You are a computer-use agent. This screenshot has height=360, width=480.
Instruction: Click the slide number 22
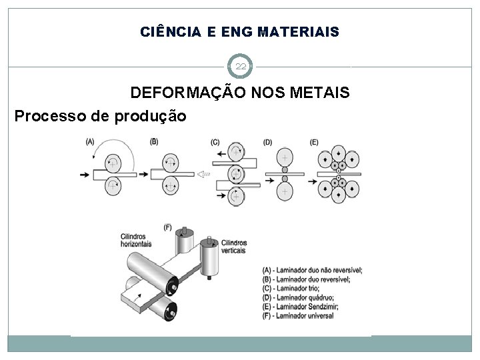point(240,67)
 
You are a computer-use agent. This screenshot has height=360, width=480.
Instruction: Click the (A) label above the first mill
point(89,141)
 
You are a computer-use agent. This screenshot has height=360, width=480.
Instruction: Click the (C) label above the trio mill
point(215,141)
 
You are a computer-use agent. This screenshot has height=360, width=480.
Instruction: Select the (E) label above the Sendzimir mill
point(315,141)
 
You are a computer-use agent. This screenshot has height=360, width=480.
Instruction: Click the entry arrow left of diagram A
point(85,174)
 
